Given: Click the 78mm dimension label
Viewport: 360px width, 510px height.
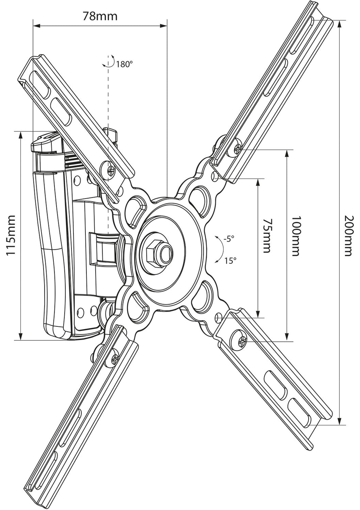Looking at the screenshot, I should click(x=100, y=16).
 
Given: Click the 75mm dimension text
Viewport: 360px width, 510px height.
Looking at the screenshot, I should click(x=267, y=236).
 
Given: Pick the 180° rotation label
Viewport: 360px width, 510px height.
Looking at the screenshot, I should click(x=124, y=64).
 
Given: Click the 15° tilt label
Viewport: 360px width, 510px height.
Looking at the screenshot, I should click(x=230, y=261).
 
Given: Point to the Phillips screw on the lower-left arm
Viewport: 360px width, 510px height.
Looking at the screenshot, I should click(x=115, y=358).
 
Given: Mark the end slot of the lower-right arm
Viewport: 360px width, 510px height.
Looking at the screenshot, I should click(x=299, y=409).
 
